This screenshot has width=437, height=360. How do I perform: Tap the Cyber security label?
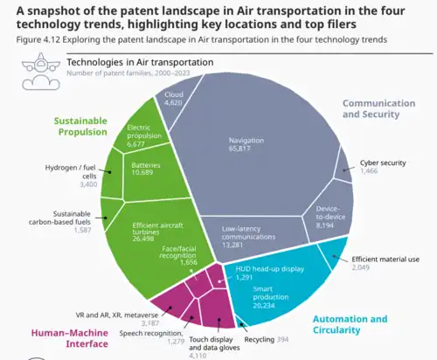tap(382, 163)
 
